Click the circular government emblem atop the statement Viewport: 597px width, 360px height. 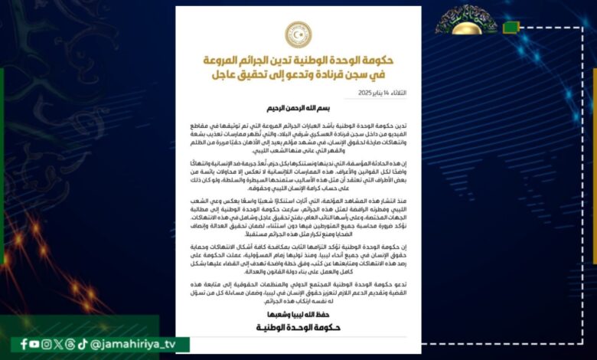click(x=298, y=34)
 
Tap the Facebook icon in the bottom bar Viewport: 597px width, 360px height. click(x=24, y=345)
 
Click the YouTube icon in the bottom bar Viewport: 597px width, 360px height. click(x=36, y=345)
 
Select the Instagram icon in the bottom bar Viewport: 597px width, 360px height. click(x=47, y=345)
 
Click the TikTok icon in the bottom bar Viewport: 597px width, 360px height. click(x=82, y=345)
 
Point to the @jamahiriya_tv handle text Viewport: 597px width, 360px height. click(x=133, y=345)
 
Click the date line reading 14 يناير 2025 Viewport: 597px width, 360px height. click(x=383, y=93)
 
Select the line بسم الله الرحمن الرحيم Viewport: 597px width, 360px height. click(x=298, y=108)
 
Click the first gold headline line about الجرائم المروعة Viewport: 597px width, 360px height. click(x=298, y=60)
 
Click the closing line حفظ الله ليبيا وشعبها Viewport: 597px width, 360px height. click(x=298, y=315)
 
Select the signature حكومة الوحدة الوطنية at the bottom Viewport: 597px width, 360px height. click(x=298, y=329)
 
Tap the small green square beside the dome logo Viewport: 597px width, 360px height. click(x=511, y=28)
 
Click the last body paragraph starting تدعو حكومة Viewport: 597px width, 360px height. click(x=298, y=290)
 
